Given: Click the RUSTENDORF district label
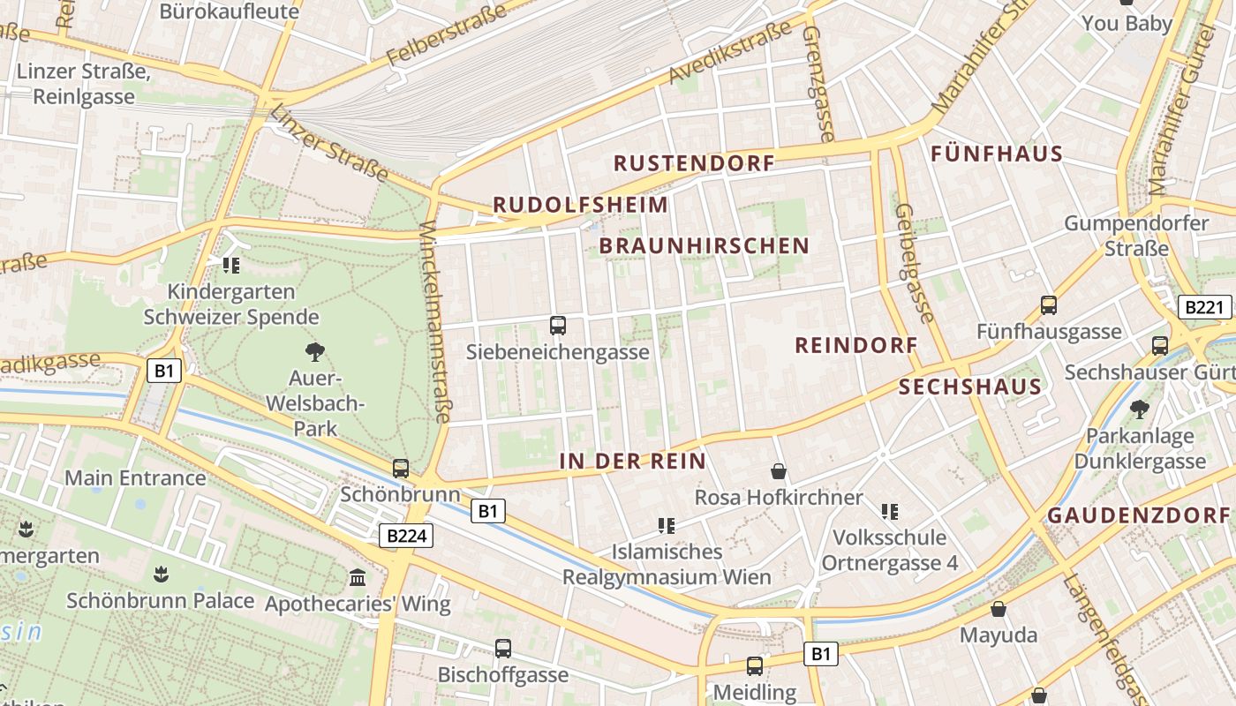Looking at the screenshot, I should pos(694,163).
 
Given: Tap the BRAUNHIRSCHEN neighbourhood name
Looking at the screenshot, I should pos(704,246).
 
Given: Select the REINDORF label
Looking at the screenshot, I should pos(856,345).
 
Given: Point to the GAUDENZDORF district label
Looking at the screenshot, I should pos(1138,515).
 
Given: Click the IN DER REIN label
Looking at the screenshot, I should pos(632,461).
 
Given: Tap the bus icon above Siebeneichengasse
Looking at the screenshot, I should pos(558,326).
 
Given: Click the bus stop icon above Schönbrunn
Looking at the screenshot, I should pos(401,469).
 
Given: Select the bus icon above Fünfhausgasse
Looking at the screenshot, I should pos(1049,305).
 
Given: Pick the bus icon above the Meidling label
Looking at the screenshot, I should pos(755,666).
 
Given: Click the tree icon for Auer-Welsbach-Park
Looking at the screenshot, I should pos(314,352).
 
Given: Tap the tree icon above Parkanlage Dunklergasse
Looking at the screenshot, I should pos(1140,409).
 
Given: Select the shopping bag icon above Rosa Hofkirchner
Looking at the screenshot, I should pos(778,471).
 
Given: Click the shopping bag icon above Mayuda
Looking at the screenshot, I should pos(999,609).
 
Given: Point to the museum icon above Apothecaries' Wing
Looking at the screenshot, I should pos(358,578).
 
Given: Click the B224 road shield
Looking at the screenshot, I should pos(406,535).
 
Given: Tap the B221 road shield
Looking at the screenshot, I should pos(1205,307).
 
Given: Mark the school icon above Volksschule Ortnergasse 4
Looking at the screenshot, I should pos(890,511).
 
